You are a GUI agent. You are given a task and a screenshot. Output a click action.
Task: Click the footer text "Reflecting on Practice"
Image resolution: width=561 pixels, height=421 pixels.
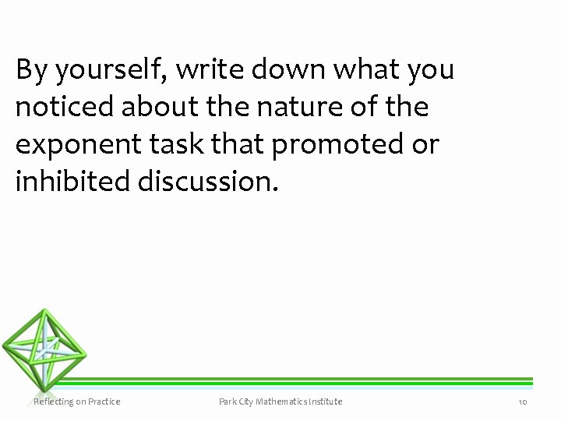[x=77, y=402]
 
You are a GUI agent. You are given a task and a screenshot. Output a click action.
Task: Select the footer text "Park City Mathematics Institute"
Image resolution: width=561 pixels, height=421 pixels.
[x=280, y=402]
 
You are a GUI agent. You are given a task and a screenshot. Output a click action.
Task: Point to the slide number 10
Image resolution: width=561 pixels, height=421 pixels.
[x=523, y=402]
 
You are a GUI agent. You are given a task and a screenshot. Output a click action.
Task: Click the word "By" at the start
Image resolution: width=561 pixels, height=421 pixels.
[x=30, y=71]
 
